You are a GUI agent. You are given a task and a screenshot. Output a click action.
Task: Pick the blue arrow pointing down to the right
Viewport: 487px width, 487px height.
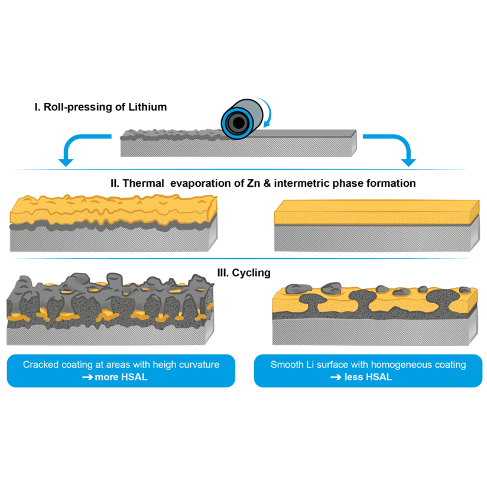pyautogui.click(x=396, y=148)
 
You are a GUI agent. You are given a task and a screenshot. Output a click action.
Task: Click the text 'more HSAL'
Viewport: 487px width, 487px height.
pyautogui.click(x=121, y=376)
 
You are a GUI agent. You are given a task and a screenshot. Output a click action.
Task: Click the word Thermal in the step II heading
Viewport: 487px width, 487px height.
pyautogui.click(x=145, y=183)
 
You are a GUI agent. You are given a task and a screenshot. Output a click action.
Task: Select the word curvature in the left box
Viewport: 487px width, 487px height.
pyautogui.click(x=199, y=365)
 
